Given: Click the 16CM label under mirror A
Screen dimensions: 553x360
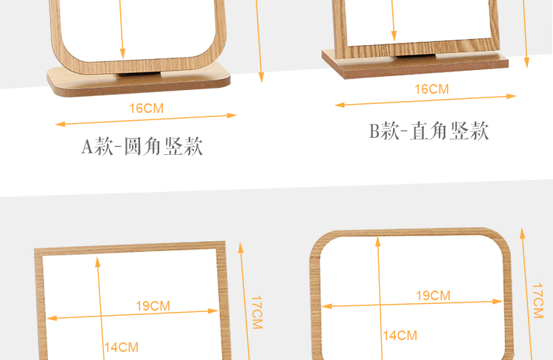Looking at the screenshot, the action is click(147, 108).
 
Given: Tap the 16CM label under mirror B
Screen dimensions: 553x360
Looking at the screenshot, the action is click(431, 89).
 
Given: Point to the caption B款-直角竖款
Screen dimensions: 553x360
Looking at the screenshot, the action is click(429, 132).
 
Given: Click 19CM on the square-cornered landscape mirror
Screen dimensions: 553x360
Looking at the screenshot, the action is click(153, 305).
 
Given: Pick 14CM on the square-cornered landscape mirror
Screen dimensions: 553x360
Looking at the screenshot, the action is click(121, 347).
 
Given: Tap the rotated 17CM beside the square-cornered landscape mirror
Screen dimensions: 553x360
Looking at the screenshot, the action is click(256, 312).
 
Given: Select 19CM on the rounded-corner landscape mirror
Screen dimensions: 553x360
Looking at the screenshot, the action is click(433, 296).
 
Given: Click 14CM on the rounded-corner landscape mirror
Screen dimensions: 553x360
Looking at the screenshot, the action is click(400, 336).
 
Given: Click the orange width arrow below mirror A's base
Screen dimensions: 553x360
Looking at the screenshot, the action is click(146, 120).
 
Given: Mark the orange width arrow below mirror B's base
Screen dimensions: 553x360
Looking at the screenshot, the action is click(426, 100).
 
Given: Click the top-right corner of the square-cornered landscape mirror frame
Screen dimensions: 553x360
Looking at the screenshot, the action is click(222, 246).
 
